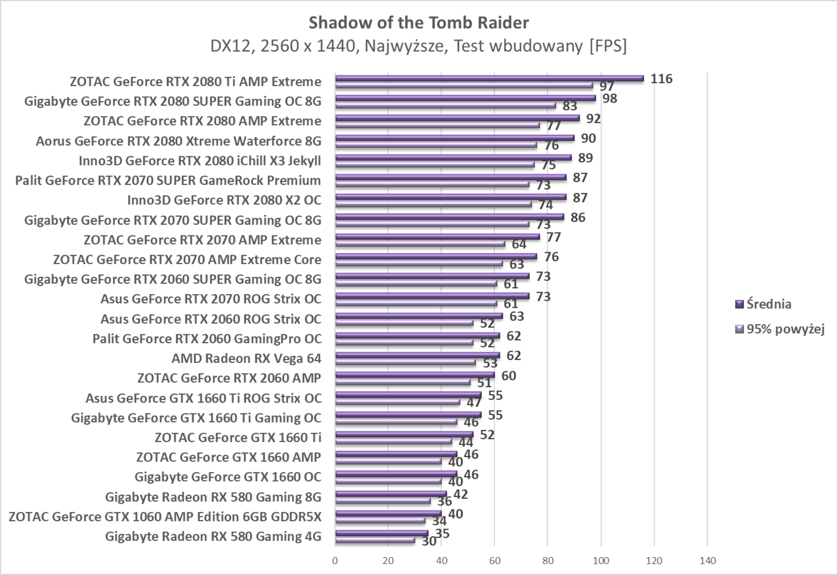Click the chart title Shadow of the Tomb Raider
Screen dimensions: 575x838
tap(418, 23)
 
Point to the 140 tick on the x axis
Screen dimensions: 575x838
tap(707, 561)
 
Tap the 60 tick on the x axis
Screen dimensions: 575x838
tap(494, 561)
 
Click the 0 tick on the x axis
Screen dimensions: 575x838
tap(335, 561)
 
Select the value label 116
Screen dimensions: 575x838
tap(661, 79)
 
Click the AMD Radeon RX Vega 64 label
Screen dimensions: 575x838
tap(246, 359)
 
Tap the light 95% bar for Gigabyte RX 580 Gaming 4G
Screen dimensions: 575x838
tap(375, 540)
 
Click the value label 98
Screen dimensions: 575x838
tap(609, 99)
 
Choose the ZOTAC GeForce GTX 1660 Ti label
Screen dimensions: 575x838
tap(238, 438)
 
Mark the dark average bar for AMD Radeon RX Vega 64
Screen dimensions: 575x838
tap(417, 355)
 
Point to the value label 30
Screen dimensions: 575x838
tap(429, 541)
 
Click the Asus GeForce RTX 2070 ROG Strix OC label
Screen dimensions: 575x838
tap(211, 299)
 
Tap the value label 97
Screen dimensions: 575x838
tap(607, 87)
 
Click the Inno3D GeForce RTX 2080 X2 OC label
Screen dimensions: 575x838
tap(224, 200)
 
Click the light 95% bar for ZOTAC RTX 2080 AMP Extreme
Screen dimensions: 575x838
tap(437, 126)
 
